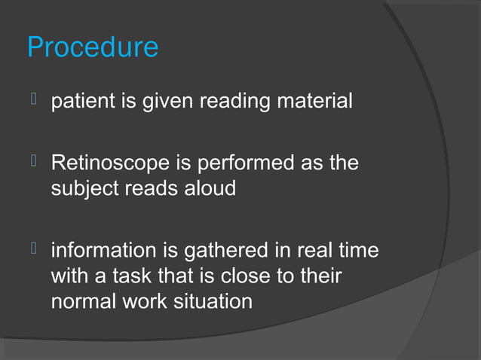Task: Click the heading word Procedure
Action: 93,47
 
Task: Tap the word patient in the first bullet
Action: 80,100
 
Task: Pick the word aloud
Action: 207,188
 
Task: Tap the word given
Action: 170,100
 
